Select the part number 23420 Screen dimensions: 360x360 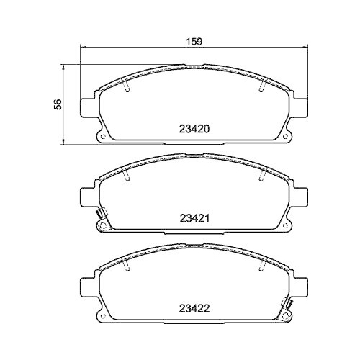tap(193, 131)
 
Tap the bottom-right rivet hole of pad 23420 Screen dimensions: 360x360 tap(284, 138)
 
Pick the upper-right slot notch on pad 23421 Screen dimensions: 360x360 tap(258, 174)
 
